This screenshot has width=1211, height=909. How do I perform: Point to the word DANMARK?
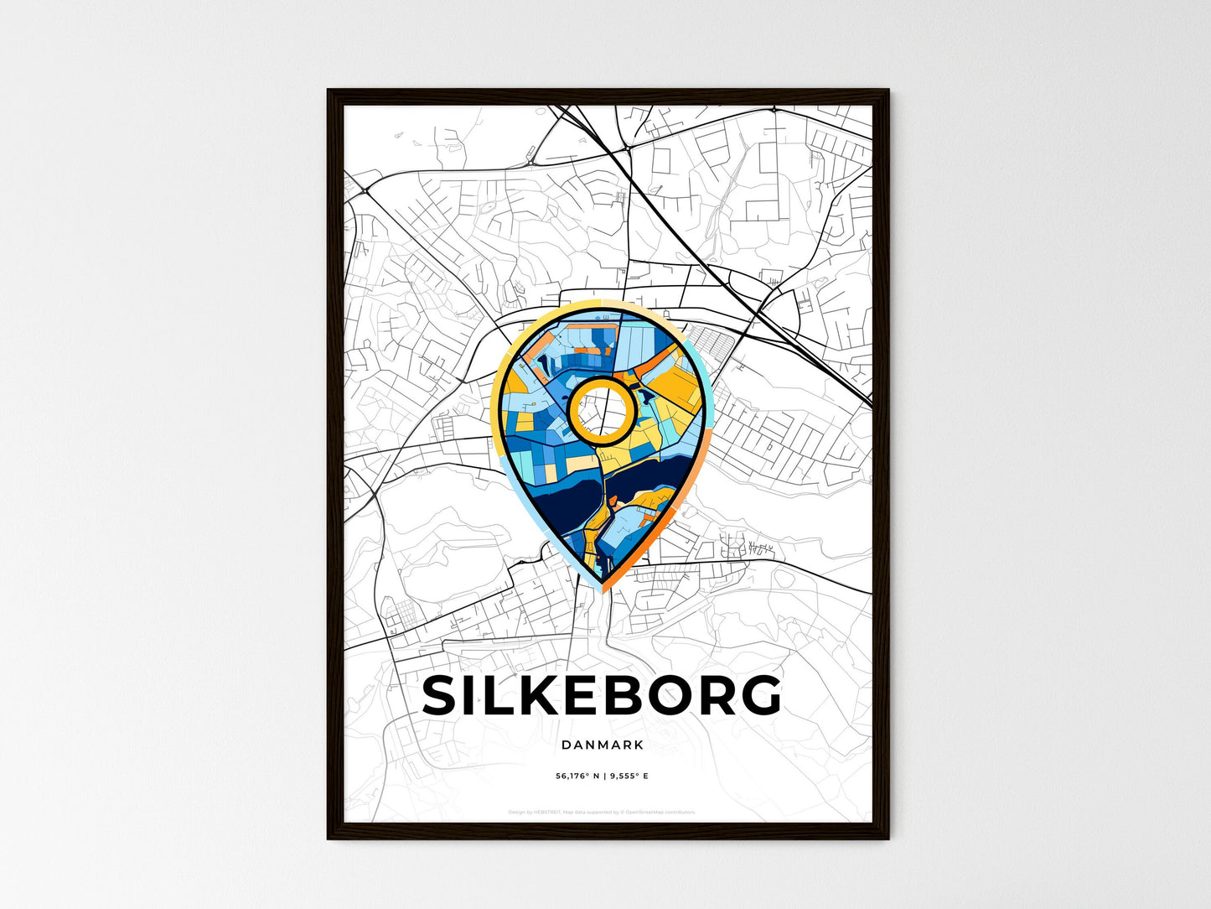click(x=603, y=745)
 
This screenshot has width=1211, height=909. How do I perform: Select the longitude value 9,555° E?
click(x=628, y=777)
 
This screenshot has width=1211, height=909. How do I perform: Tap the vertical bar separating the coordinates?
click(x=603, y=777)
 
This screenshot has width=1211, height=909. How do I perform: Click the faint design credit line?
click(x=602, y=813)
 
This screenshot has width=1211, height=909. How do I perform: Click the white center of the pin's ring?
click(x=600, y=410)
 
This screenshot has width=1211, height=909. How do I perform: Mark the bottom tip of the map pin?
click(x=603, y=589)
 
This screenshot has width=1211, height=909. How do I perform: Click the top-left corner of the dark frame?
click(x=329, y=91)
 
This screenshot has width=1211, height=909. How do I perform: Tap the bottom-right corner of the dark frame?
click(x=887, y=837)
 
